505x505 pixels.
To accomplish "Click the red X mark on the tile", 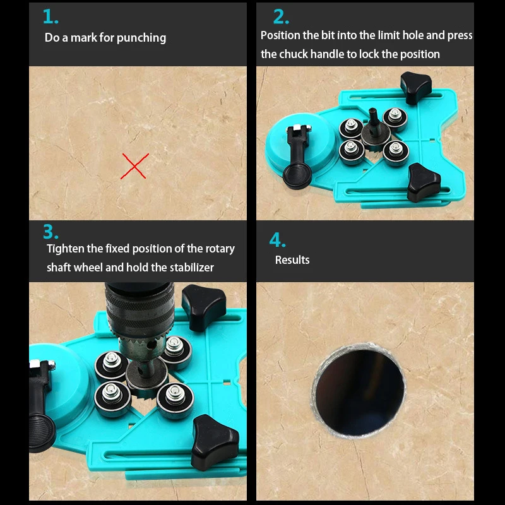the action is coord(134,166).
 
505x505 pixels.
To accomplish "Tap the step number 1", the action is coord(50,16).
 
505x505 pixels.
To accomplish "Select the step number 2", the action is coord(281,16).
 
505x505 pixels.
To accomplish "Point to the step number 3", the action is coord(51,232).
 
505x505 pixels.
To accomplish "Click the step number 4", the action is coord(277,240).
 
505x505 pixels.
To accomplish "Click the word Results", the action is coord(292,260).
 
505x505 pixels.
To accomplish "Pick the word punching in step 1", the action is coord(141,39).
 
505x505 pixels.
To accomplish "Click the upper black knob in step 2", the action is coord(415,87).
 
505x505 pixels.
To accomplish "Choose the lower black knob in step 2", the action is coord(423,182).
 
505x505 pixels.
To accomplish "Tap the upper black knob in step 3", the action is coord(203,307).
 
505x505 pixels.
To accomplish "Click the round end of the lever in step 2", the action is coord(297,176).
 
